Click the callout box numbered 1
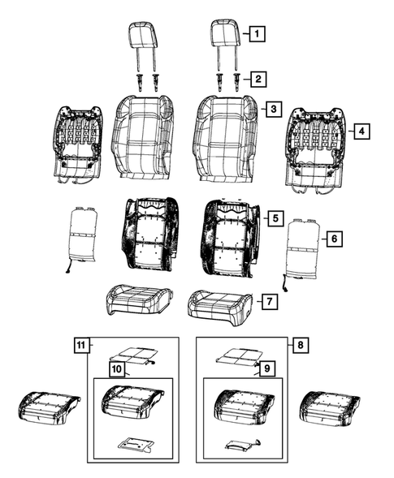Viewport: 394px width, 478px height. pyautogui.click(x=256, y=34)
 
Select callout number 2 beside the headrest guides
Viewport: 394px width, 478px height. pyautogui.click(x=256, y=79)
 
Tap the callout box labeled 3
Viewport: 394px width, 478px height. pyautogui.click(x=275, y=109)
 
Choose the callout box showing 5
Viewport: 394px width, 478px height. pyautogui.click(x=275, y=218)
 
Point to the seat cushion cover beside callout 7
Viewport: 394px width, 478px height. pyautogui.click(x=216, y=304)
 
